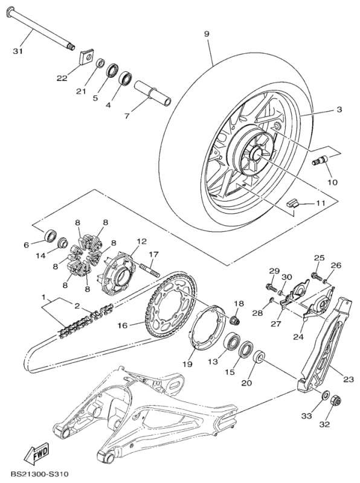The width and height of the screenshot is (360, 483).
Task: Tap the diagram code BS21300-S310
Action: [x=39, y=473]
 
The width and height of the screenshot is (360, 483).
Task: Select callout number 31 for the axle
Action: [x=18, y=51]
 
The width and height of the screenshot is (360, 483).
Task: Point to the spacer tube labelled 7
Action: [x=152, y=93]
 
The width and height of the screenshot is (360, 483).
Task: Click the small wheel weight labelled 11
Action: [x=292, y=204]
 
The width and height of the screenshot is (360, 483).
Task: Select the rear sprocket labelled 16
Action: [x=170, y=305]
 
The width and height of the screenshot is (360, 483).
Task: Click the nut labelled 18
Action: [x=235, y=320]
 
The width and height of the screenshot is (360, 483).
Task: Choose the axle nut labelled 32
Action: [x=335, y=401]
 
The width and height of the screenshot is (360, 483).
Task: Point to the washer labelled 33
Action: [x=324, y=395]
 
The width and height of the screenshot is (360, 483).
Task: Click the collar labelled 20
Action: [x=259, y=358]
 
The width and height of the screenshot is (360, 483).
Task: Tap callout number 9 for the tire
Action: [x=207, y=34]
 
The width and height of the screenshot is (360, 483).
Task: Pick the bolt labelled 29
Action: [x=271, y=287]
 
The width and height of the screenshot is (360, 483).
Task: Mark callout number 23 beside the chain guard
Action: [x=349, y=379]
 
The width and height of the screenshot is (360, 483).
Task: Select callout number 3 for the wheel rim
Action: [x=339, y=110]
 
